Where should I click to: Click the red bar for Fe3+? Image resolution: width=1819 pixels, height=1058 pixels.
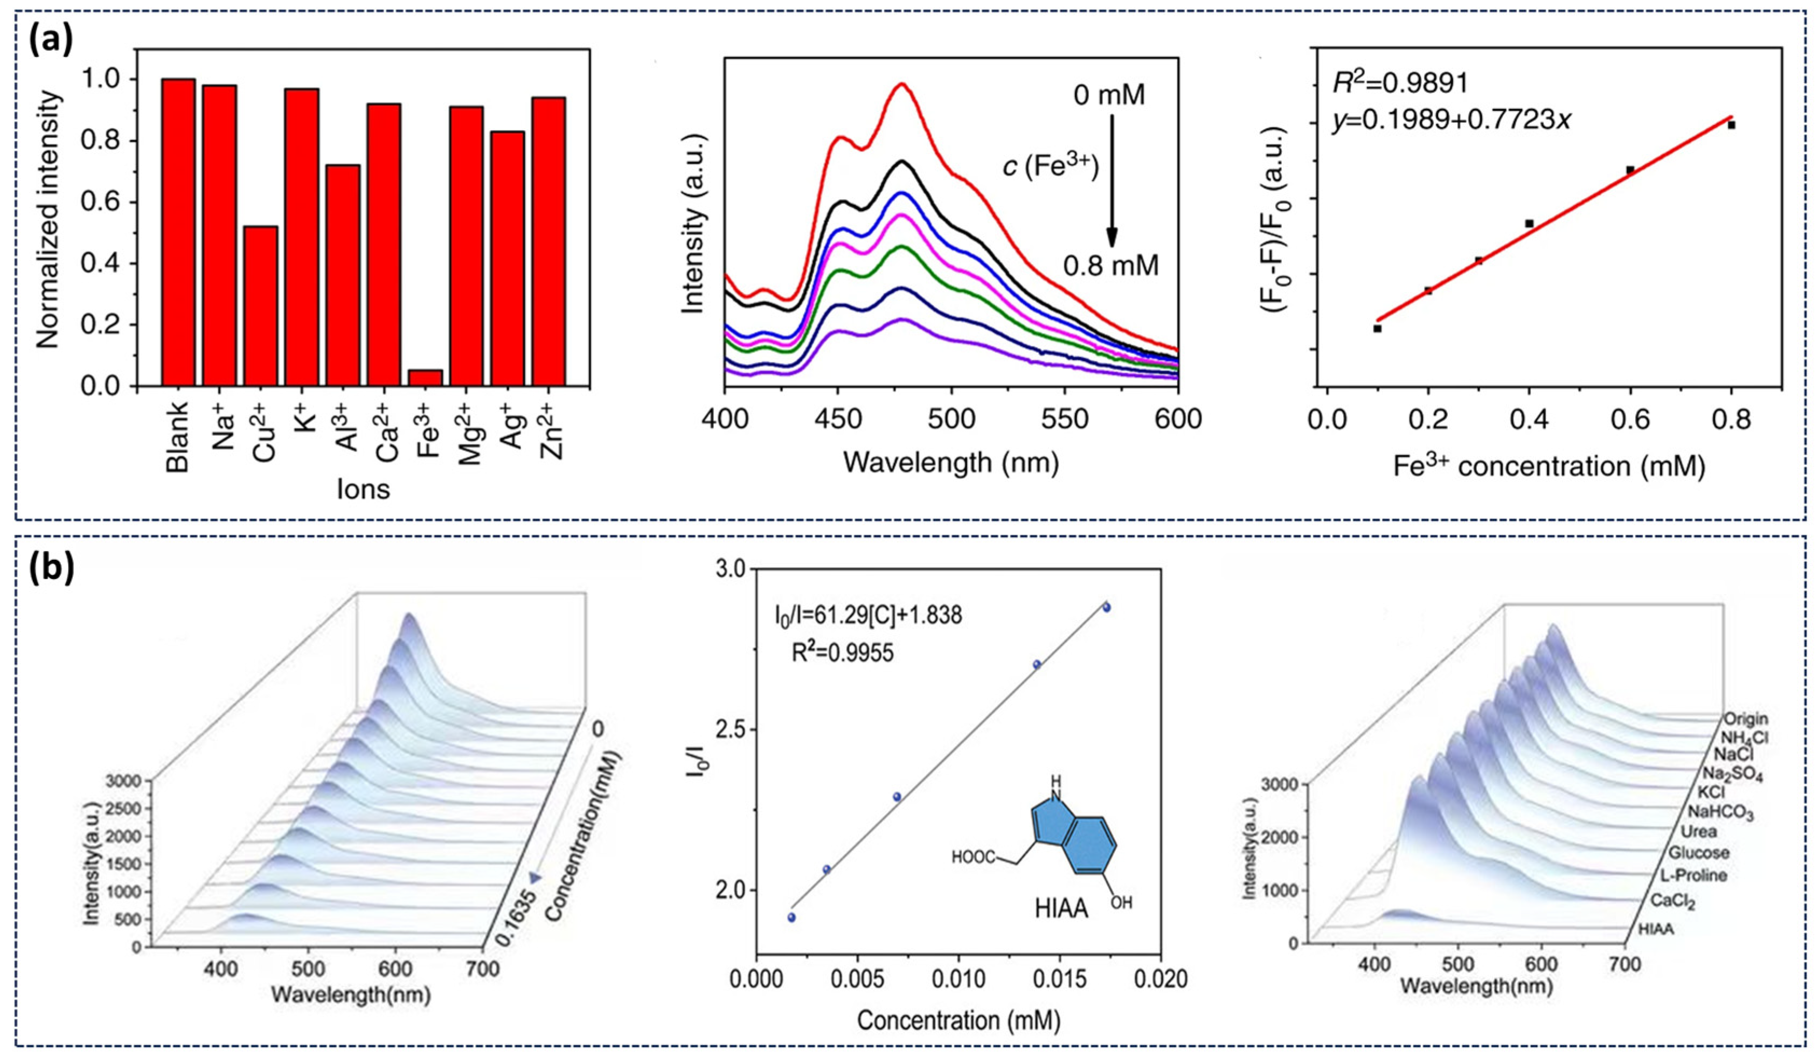pos(425,378)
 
